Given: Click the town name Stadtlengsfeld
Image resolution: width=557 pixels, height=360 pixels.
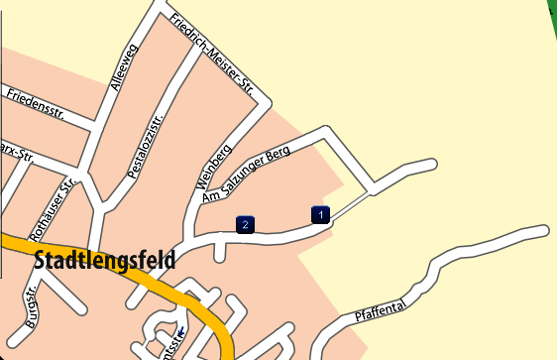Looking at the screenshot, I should (105, 262).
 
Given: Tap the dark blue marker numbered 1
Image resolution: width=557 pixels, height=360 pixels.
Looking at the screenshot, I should (320, 214).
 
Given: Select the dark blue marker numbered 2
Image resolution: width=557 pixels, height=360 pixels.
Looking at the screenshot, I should (245, 225).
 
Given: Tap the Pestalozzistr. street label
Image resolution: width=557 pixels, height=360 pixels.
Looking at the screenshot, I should (146, 145).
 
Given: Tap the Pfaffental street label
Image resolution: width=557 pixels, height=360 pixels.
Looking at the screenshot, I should (380, 315).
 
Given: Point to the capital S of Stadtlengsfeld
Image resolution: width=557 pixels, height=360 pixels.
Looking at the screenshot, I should (41, 262).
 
